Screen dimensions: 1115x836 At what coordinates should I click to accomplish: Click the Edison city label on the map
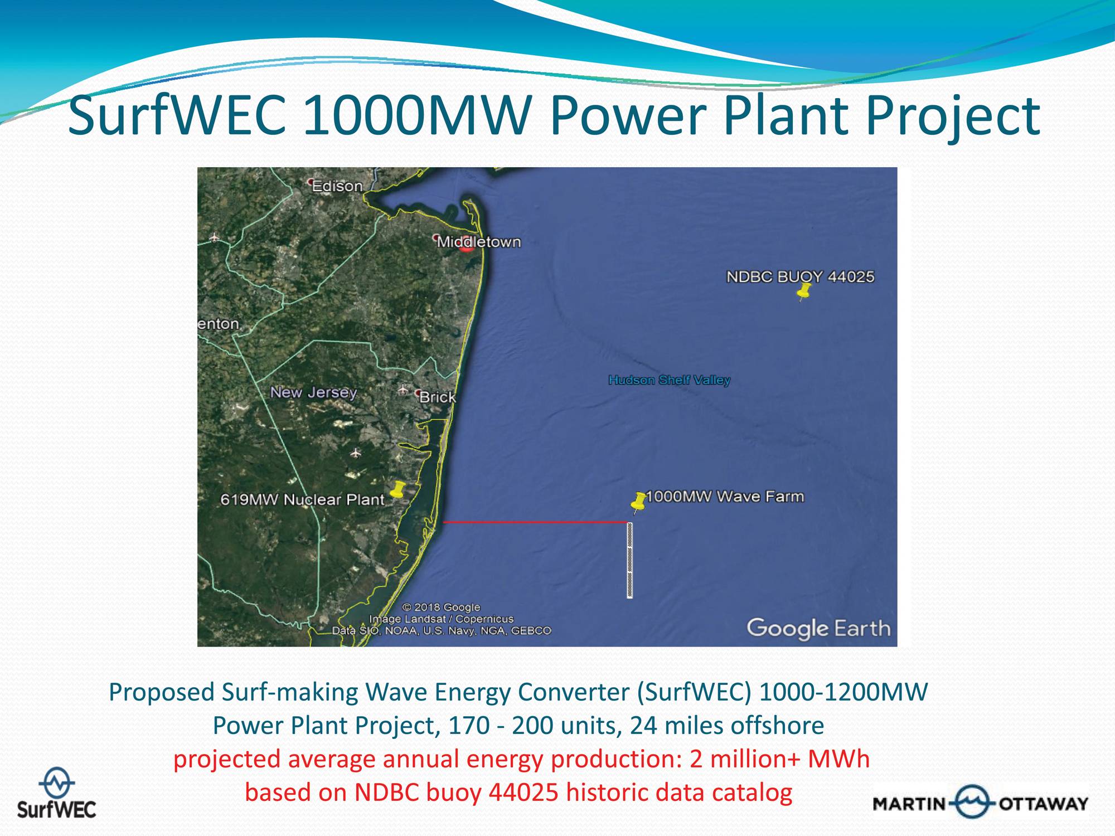point(337,186)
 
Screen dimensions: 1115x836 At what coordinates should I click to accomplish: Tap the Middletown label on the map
point(478,242)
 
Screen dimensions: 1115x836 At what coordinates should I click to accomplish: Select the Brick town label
point(437,397)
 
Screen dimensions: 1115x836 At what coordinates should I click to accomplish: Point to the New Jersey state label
point(313,392)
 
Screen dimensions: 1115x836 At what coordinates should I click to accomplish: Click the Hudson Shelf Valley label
point(669,380)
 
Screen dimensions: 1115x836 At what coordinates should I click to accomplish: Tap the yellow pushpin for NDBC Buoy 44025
point(803,291)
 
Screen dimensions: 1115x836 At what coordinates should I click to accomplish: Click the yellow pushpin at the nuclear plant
point(397,490)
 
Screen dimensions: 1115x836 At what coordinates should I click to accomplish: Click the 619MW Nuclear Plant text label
point(302,499)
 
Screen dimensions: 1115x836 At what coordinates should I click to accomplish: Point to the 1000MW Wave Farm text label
point(725,496)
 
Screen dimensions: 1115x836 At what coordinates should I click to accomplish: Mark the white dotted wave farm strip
point(630,560)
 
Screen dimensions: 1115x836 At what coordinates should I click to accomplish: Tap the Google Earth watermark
point(818,629)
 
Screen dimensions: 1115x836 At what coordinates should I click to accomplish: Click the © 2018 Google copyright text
point(441,607)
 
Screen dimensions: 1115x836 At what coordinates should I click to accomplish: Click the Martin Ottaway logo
point(981,803)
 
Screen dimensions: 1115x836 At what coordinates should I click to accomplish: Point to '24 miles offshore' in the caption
point(727,725)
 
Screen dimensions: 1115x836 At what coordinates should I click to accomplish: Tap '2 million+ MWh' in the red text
point(779,759)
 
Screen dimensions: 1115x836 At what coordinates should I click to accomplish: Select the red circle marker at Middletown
point(467,245)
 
